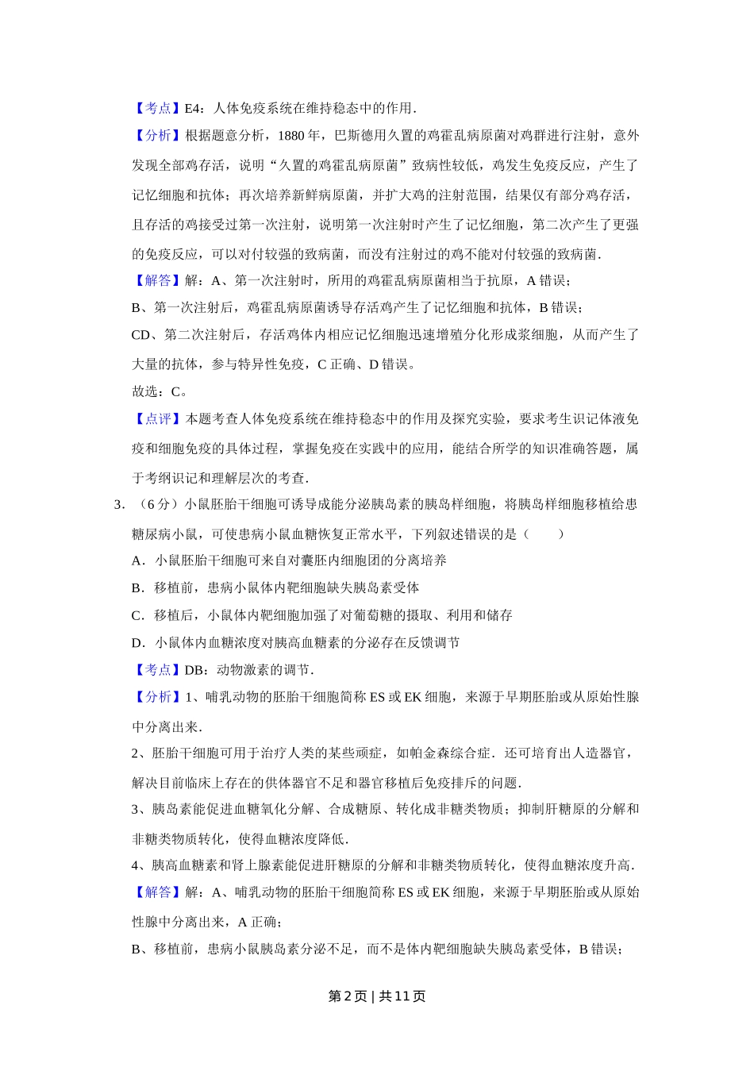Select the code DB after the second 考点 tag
194,670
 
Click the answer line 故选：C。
160,391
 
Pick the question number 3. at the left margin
120,504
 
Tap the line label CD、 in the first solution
147,335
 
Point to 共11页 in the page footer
402,996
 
